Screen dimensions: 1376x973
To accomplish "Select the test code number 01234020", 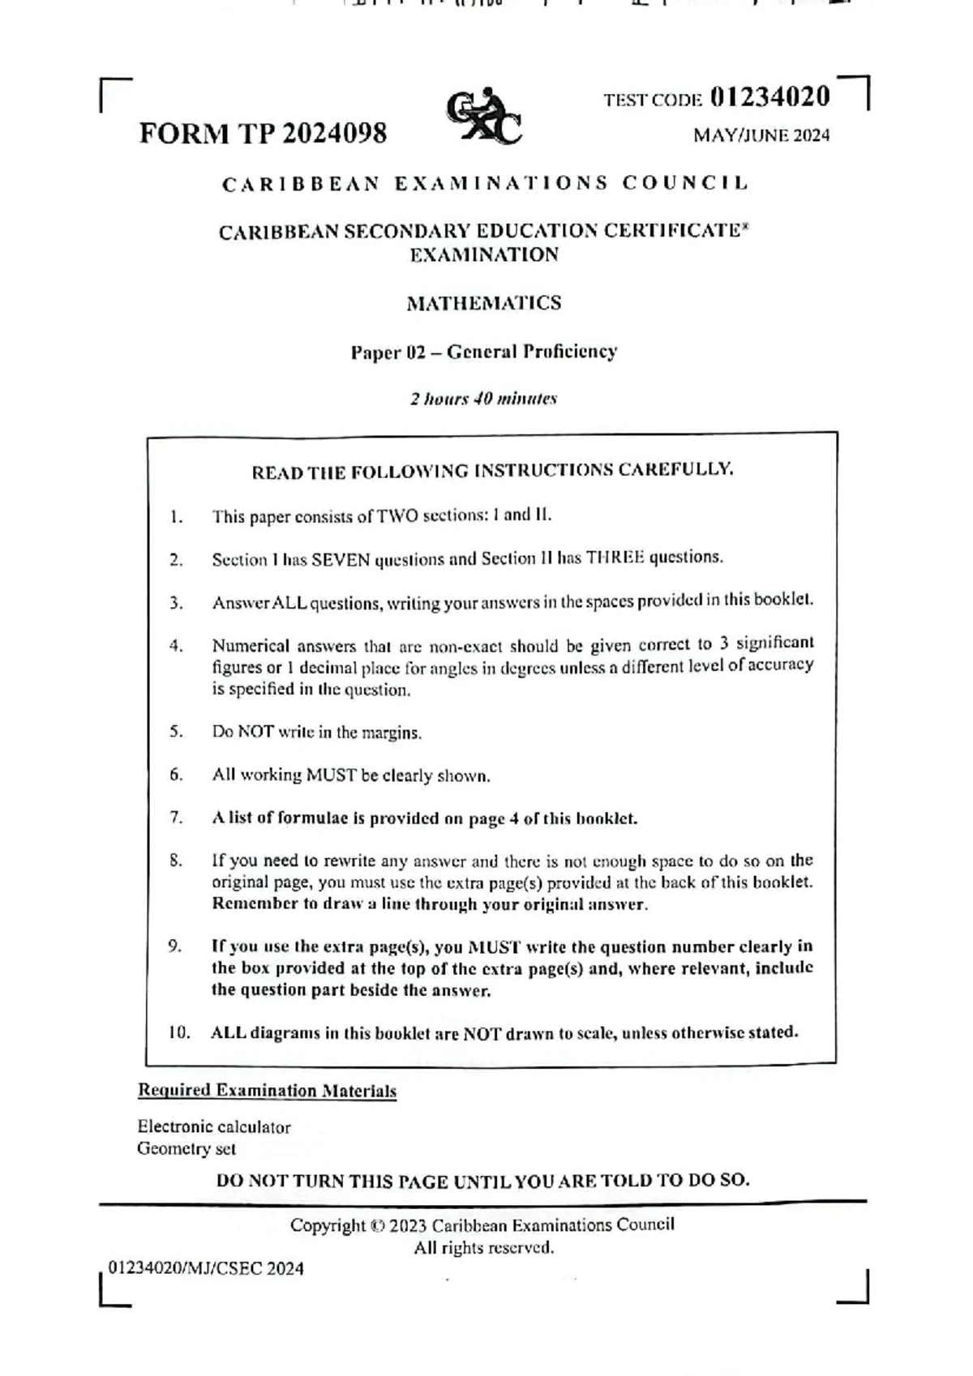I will [x=769, y=96].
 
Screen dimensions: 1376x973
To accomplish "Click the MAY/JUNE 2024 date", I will [x=761, y=135].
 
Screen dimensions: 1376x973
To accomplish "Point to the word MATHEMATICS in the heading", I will [x=483, y=303].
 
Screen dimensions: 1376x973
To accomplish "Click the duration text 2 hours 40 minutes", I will [x=483, y=399].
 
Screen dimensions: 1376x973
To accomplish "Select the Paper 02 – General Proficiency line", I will [x=483, y=352].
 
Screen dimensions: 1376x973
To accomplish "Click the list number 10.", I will [x=179, y=1032].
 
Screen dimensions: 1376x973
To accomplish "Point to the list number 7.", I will [x=177, y=818].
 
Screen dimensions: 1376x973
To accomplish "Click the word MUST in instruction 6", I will [x=331, y=775].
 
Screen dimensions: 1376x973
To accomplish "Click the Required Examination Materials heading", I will [x=267, y=1090].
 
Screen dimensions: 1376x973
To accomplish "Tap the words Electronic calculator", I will [x=213, y=1126].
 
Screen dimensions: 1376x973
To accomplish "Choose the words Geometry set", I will [x=186, y=1148].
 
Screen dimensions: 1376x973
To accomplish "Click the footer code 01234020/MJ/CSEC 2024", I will [x=206, y=1268].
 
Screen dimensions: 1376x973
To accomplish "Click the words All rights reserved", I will [x=484, y=1248].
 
